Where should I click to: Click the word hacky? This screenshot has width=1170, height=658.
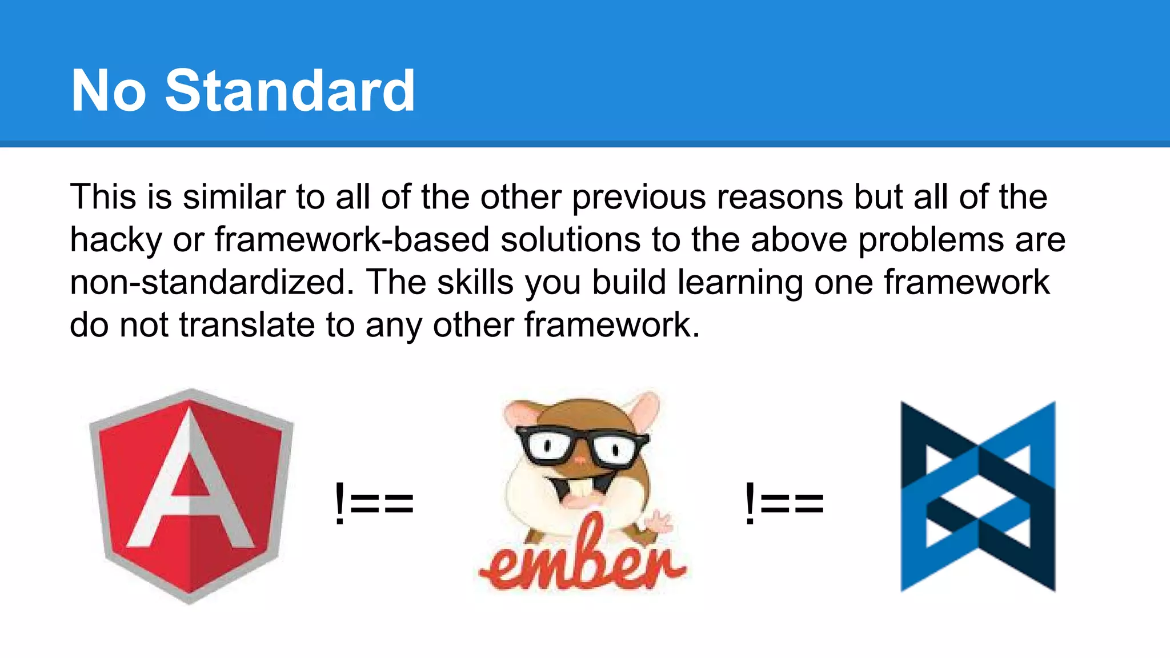click(x=116, y=240)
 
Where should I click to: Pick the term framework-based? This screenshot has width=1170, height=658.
click(x=352, y=239)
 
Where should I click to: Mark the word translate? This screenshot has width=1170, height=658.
click(x=247, y=325)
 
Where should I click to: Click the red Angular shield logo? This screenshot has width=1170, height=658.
click(x=191, y=496)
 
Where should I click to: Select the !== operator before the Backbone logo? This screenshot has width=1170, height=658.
click(x=784, y=503)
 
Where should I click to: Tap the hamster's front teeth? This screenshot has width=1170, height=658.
click(x=579, y=489)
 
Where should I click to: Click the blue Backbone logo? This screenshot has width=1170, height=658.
click(x=978, y=496)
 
